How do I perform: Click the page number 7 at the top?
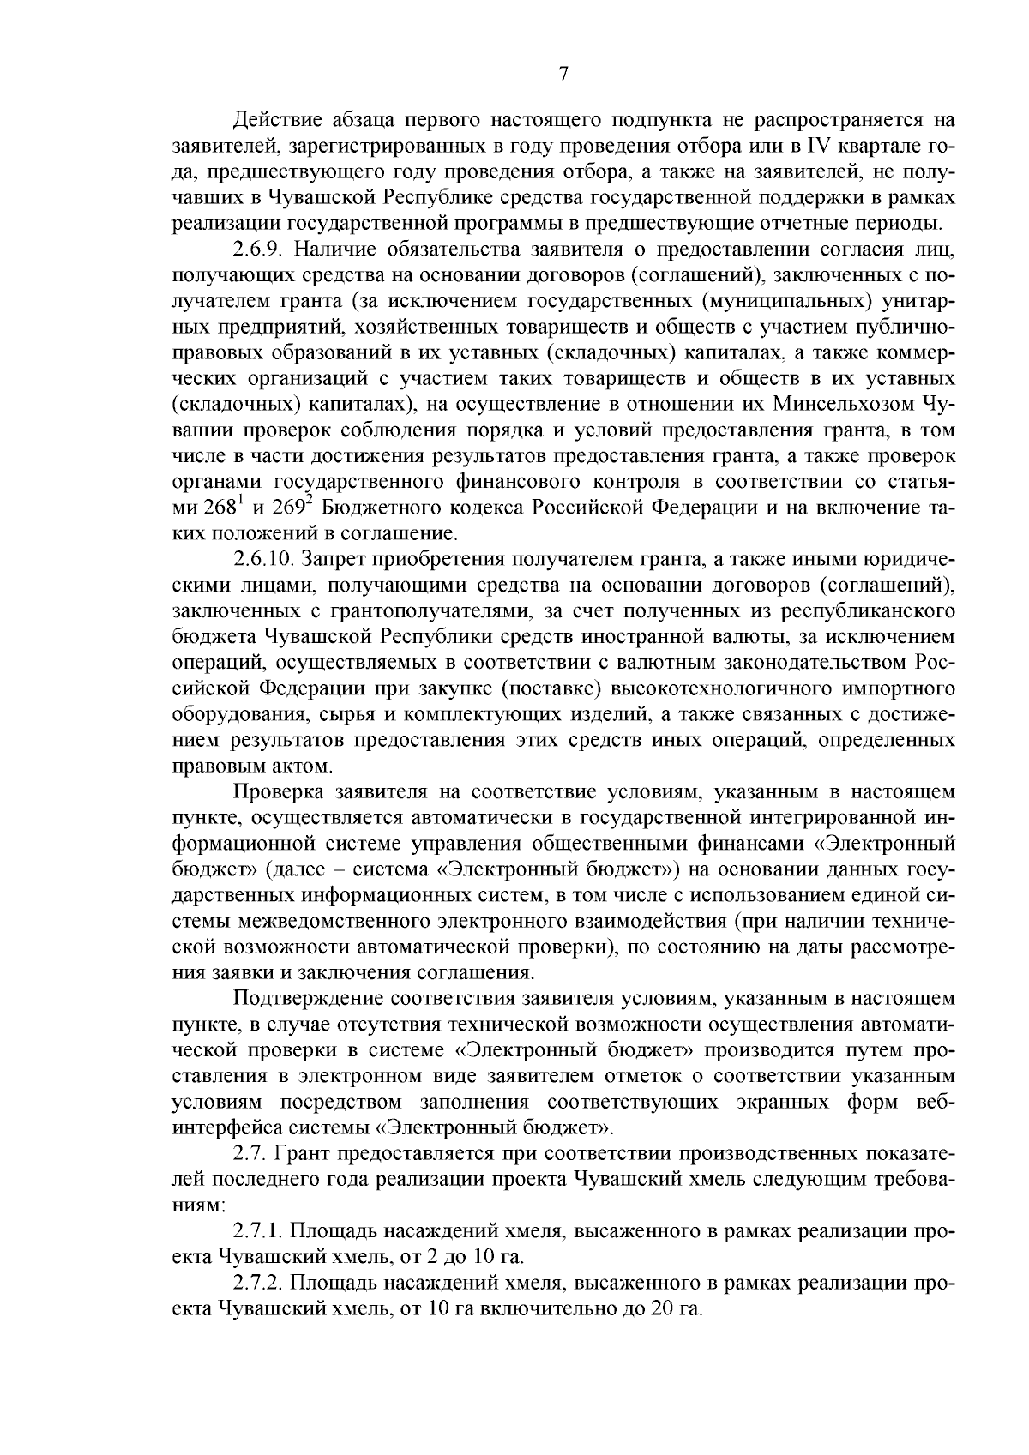[x=563, y=74]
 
